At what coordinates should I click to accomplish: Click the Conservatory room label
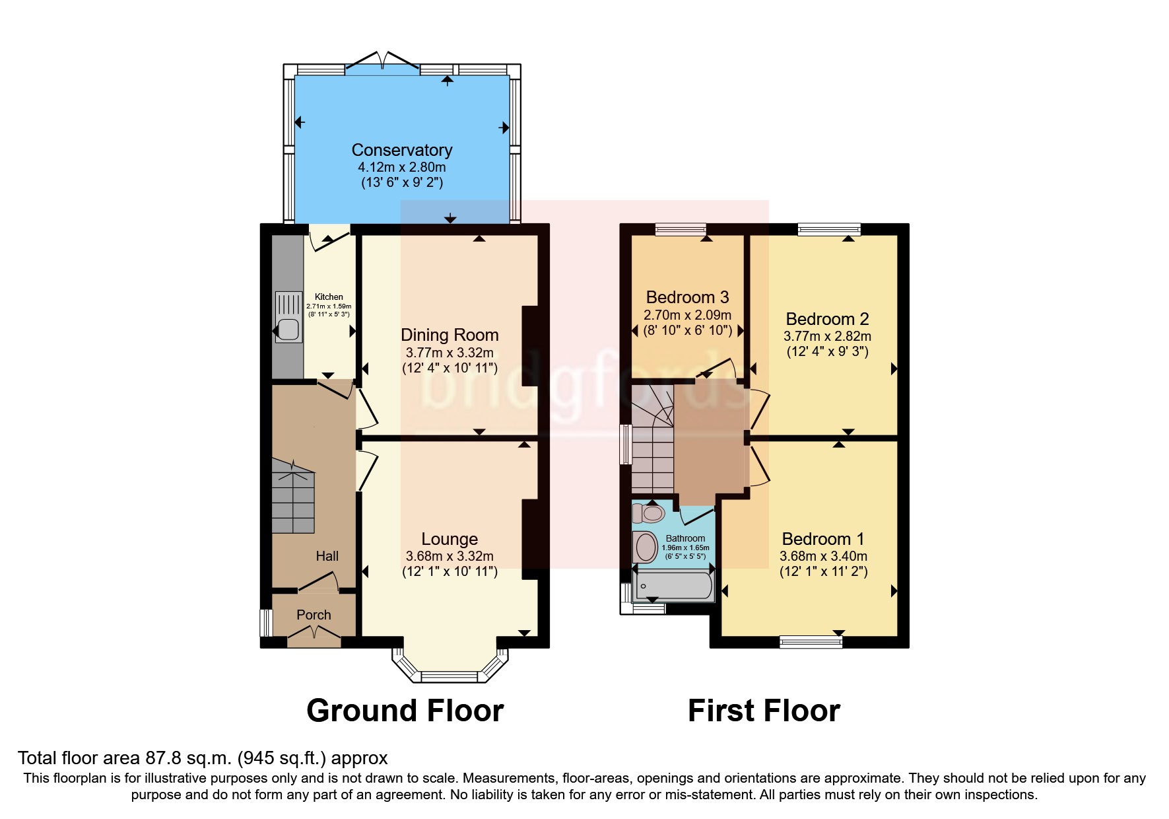[x=401, y=150]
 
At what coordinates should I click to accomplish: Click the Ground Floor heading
[x=405, y=711]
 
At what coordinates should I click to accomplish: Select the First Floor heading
[x=764, y=711]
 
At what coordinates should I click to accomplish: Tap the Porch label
[x=314, y=615]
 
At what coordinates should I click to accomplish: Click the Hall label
[x=327, y=556]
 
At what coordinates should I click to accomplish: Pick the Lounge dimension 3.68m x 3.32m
[x=450, y=556]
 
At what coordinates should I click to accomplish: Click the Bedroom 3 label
[x=687, y=297]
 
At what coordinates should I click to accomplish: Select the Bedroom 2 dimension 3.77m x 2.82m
[x=827, y=336]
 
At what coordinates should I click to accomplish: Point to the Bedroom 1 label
[x=822, y=539]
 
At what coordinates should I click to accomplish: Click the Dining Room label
[x=450, y=335]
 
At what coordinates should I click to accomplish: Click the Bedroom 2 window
[x=829, y=229]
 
